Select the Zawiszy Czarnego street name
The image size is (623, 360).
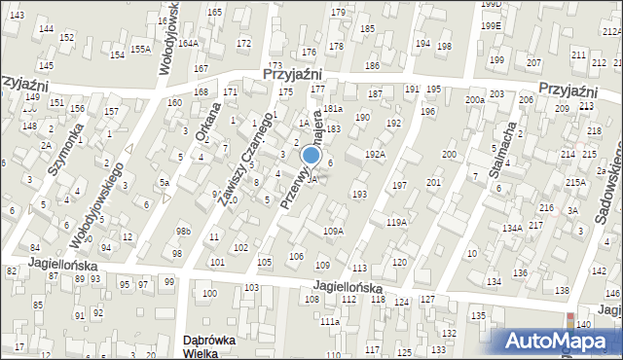click(x=244, y=159)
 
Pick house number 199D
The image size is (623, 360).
click(x=492, y=5)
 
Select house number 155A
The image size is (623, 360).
click(x=140, y=49)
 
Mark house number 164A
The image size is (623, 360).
click(x=188, y=43)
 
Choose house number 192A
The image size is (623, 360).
click(x=375, y=154)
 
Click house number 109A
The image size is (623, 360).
click(x=333, y=231)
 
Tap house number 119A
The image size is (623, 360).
click(x=396, y=223)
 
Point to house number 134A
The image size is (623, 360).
click(x=513, y=228)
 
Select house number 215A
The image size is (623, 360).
click(x=575, y=182)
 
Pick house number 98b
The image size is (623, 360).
click(x=183, y=231)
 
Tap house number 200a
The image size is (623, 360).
click(x=474, y=100)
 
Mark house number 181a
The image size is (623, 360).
click(x=333, y=108)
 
